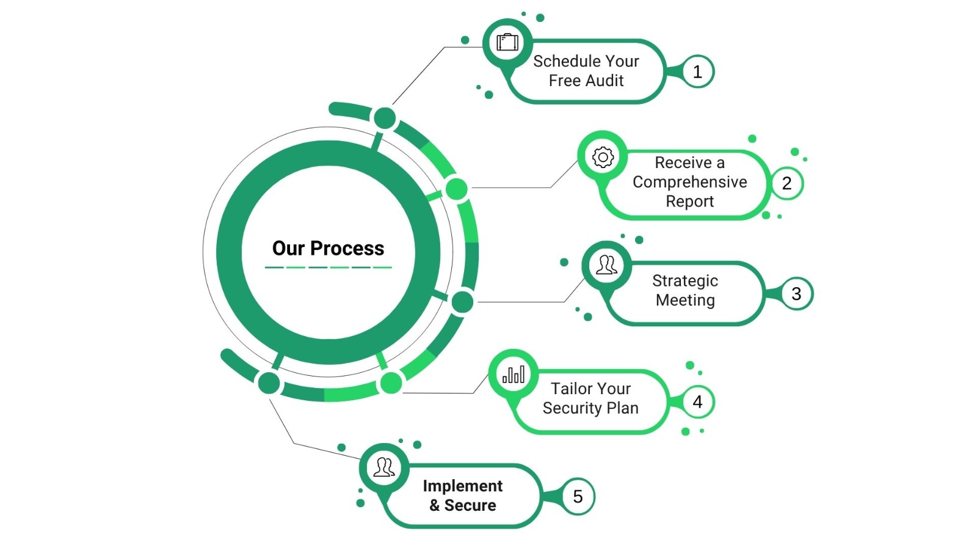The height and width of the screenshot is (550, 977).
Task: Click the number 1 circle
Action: [697, 72]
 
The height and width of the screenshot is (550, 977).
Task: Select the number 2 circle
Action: [786, 183]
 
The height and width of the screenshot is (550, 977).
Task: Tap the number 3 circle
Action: [796, 294]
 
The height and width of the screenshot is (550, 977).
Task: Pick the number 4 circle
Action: [697, 402]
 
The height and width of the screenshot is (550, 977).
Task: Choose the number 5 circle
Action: [578, 497]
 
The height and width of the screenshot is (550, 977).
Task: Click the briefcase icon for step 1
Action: [507, 42]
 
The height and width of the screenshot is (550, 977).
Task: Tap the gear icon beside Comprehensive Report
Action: [603, 157]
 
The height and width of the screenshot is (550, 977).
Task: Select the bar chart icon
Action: [514, 374]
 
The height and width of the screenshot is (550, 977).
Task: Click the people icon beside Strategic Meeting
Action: [606, 265]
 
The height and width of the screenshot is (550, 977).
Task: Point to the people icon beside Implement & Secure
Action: [384, 468]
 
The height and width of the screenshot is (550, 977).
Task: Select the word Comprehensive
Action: [689, 182]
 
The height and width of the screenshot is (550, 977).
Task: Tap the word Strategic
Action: [685, 280]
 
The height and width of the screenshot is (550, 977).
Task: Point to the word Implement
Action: [462, 486]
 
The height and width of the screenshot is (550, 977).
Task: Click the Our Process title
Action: [328, 248]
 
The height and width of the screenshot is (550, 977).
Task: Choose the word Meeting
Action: [685, 300]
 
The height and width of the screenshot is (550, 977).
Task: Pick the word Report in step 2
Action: [689, 202]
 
